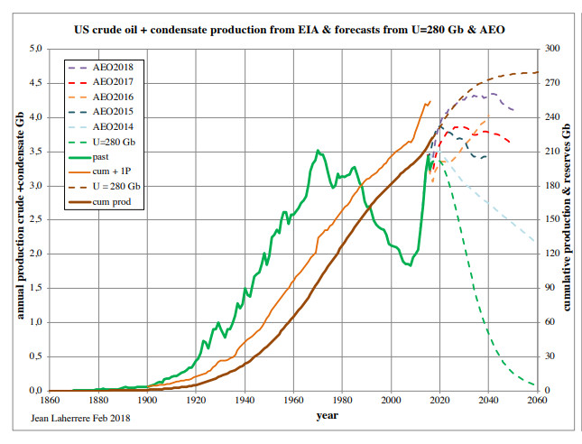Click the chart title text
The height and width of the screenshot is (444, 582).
coord(290,30)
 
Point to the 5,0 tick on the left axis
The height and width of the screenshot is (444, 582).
coord(33,49)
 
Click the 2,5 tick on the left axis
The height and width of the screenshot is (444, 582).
coord(33,219)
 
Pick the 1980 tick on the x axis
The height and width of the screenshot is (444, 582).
coord(341,400)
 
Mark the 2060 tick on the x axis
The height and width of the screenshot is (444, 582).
coord(536,400)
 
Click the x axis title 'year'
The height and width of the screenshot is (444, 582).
coord(326,416)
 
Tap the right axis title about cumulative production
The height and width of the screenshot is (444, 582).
coord(568,219)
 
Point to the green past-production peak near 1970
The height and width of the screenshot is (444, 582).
coord(317,151)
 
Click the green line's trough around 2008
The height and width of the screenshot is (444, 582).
coord(408,265)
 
